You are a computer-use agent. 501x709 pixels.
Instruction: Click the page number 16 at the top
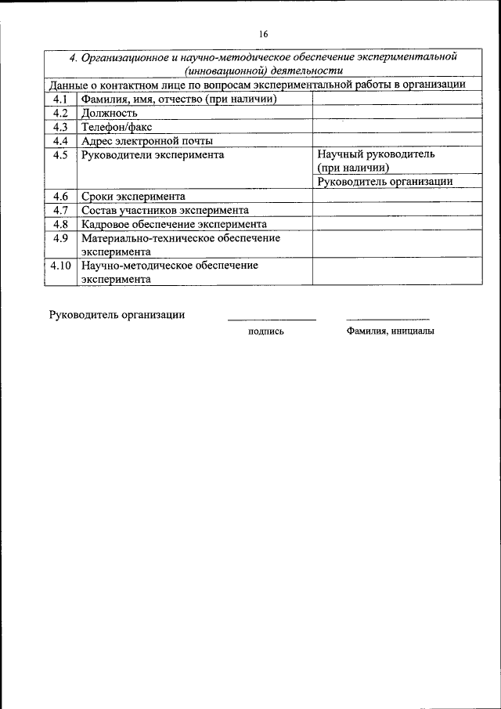(x=262, y=34)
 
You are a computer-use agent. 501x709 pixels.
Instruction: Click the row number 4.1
(x=61, y=99)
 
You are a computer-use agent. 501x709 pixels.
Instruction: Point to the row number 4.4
(x=61, y=141)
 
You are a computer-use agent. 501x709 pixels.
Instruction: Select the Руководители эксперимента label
(x=152, y=155)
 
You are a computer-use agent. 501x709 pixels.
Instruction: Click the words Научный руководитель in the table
(x=376, y=155)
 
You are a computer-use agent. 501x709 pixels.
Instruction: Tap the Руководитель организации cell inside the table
(x=385, y=182)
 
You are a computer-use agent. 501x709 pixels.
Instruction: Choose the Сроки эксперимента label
(x=132, y=197)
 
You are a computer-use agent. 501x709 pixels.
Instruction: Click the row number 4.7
(x=61, y=210)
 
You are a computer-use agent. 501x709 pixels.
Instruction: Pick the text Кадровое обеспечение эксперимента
(x=174, y=224)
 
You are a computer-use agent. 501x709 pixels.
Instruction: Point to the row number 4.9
(x=61, y=238)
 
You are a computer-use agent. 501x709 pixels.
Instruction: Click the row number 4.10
(x=60, y=266)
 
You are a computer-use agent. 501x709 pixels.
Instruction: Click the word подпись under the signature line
(x=265, y=331)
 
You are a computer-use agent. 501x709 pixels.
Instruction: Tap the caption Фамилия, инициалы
(x=389, y=331)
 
